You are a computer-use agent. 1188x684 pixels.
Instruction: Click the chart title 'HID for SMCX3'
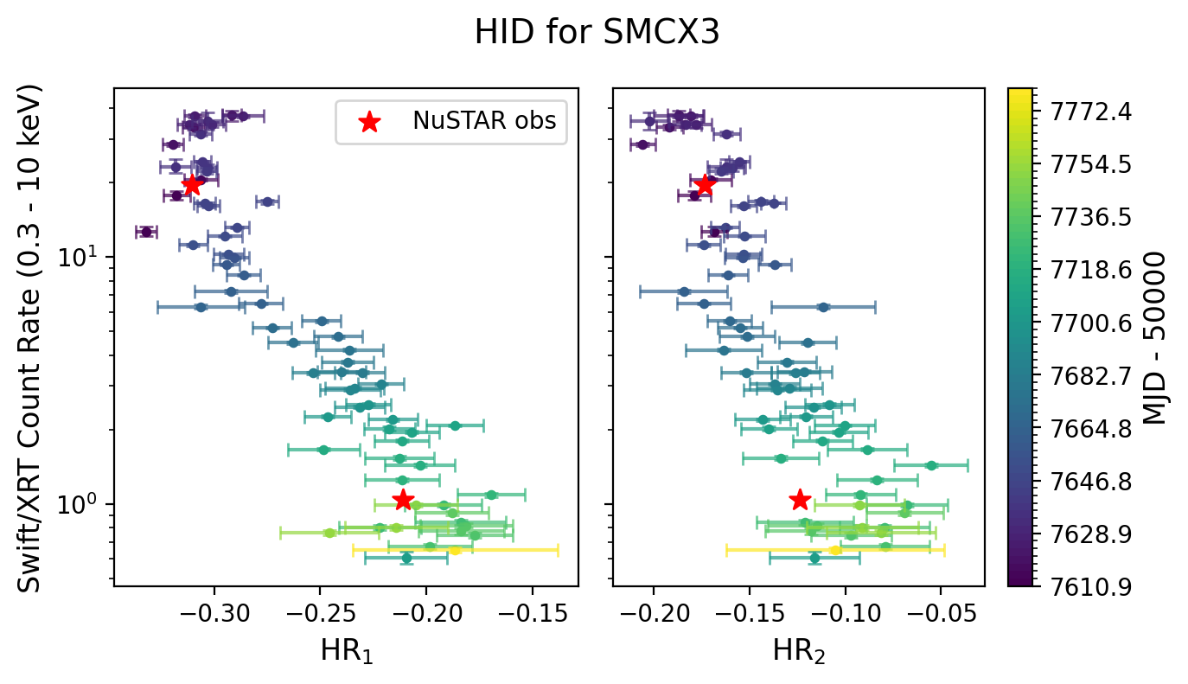pyautogui.click(x=597, y=33)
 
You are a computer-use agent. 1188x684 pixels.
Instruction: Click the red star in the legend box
pyautogui.click(x=369, y=122)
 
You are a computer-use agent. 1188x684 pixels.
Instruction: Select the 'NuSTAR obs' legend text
pyautogui.click(x=489, y=123)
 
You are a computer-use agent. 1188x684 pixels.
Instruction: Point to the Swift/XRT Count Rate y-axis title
pyautogui.click(x=30, y=338)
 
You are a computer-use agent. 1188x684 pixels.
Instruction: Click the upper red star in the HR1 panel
pyautogui.click(x=192, y=185)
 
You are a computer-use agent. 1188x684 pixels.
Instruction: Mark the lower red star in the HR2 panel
pyautogui.click(x=800, y=500)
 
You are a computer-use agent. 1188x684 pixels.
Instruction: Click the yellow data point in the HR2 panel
pyautogui.click(x=835, y=550)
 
